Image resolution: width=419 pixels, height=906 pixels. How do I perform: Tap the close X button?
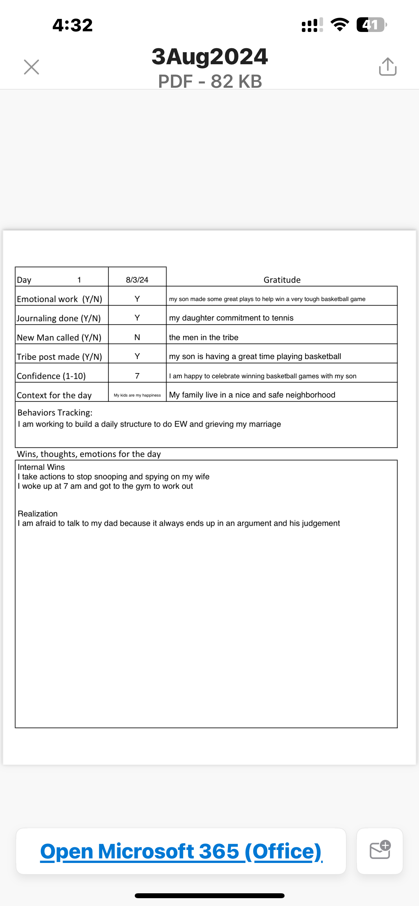point(31,67)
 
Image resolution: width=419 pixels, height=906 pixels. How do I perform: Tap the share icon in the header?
point(388,67)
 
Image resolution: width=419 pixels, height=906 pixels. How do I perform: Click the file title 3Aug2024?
point(210,56)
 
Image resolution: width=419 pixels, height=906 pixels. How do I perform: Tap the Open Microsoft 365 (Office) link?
point(181,852)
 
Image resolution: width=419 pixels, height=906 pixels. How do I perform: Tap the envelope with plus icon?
point(380,851)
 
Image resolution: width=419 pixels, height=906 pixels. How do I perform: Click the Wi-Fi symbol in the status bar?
point(339,24)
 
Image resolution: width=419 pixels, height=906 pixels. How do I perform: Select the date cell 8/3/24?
point(137,279)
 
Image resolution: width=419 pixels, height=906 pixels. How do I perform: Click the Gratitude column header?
point(282,279)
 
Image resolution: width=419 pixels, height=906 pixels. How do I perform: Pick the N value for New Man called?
point(137,337)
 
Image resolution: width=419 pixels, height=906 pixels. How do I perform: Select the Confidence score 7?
point(137,376)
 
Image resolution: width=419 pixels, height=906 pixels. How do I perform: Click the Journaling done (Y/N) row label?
point(59,318)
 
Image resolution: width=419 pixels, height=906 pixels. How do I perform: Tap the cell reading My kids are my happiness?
point(137,395)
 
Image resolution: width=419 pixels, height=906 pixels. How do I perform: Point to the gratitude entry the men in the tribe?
point(203,337)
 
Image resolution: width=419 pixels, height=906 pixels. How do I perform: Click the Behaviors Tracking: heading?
point(55,413)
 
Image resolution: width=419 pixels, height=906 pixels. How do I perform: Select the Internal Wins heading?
point(41,467)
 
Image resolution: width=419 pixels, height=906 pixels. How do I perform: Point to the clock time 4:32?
point(72,25)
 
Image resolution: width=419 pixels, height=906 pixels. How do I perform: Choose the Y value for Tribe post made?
point(137,356)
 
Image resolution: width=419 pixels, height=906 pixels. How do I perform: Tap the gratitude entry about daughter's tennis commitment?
point(231,318)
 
